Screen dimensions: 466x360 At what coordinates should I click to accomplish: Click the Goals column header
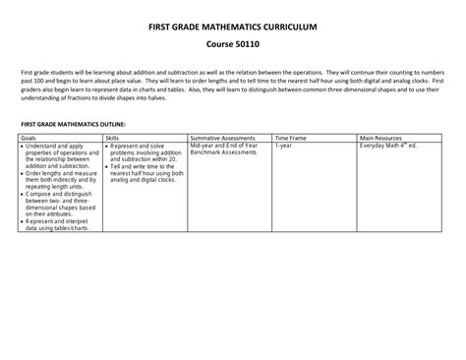30,139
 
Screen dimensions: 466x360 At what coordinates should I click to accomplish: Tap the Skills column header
113,139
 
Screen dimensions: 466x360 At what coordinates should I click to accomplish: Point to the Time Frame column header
292,139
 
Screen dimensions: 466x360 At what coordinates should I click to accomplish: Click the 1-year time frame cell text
284,147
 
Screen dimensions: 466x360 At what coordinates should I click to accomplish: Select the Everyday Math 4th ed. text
388,147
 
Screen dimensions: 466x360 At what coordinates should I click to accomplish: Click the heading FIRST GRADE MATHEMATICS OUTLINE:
74,125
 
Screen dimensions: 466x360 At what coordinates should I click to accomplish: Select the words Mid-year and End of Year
223,147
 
